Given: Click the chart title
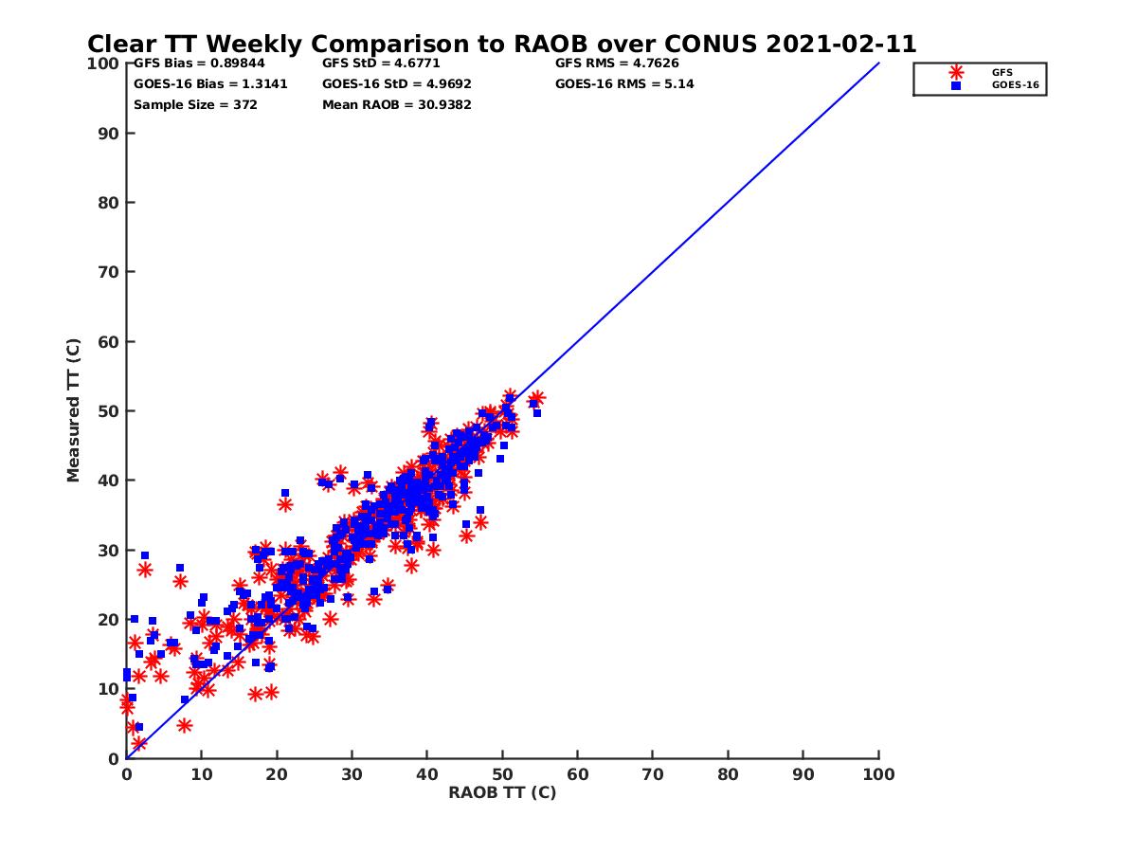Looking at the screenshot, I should tap(501, 45).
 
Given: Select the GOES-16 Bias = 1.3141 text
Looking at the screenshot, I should tap(210, 84).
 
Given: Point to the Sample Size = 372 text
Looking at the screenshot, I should tap(195, 105).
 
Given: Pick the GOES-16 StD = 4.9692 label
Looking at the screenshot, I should tap(396, 84).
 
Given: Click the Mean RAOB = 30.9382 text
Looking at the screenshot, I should tap(396, 105).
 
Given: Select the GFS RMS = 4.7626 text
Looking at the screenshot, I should tap(616, 64).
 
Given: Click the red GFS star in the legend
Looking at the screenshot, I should tap(956, 72).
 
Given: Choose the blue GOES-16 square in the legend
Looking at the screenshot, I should tap(956, 85).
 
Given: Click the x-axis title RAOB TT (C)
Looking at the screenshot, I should tap(501, 792).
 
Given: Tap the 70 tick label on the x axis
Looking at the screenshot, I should tap(653, 773).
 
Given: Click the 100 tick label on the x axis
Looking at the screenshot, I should tap(878, 773).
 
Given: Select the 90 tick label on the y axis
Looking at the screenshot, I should tap(107, 133).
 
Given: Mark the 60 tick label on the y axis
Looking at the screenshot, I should tap(107, 341).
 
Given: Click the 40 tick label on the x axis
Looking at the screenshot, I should tap(426, 773).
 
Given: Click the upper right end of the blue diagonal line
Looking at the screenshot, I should tap(878, 64).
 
